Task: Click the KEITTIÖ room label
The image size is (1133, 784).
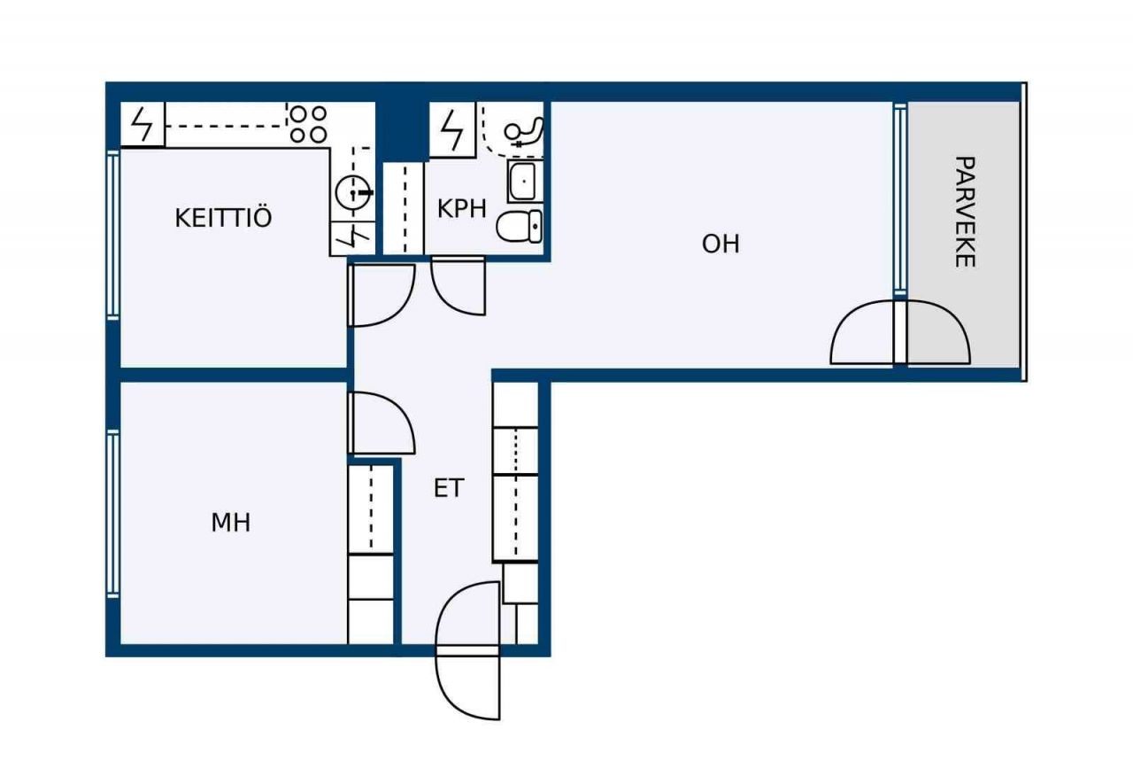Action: pyautogui.click(x=223, y=218)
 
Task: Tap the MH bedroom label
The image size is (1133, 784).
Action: pyautogui.click(x=231, y=523)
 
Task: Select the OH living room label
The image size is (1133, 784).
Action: pyautogui.click(x=721, y=244)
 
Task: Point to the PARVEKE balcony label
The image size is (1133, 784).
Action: pyautogui.click(x=965, y=212)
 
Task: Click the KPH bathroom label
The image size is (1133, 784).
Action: pyautogui.click(x=461, y=208)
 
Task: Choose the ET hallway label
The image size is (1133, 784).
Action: pyautogui.click(x=449, y=488)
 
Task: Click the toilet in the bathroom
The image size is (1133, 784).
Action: pyautogui.click(x=520, y=226)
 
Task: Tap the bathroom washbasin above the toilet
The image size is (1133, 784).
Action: pyautogui.click(x=525, y=182)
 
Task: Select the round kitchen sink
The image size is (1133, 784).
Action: pyautogui.click(x=353, y=192)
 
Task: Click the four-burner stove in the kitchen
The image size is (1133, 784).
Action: pyautogui.click(x=308, y=124)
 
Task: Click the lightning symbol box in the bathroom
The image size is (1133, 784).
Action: pyautogui.click(x=452, y=129)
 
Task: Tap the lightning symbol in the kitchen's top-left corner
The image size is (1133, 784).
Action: pyautogui.click(x=143, y=125)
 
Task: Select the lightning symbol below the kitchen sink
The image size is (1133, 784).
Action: pyautogui.click(x=353, y=238)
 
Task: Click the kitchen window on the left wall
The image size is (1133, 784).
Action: pyautogui.click(x=113, y=236)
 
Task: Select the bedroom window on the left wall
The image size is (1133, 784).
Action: pyautogui.click(x=113, y=514)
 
